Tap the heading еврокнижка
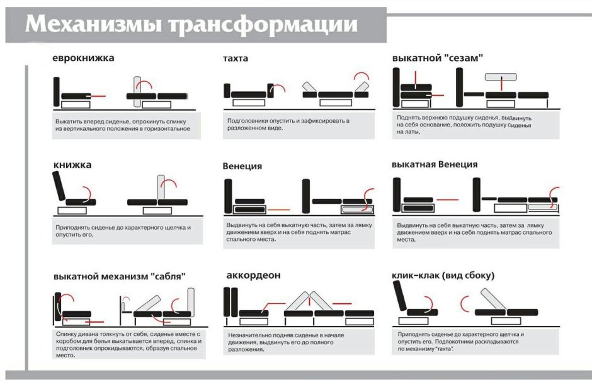point(83,59)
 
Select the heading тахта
point(236,59)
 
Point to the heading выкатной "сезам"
point(437,58)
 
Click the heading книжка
point(72,165)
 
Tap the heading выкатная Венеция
point(434,164)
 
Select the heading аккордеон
point(253,276)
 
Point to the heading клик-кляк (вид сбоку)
point(443,276)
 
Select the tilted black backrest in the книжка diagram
point(60,187)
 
